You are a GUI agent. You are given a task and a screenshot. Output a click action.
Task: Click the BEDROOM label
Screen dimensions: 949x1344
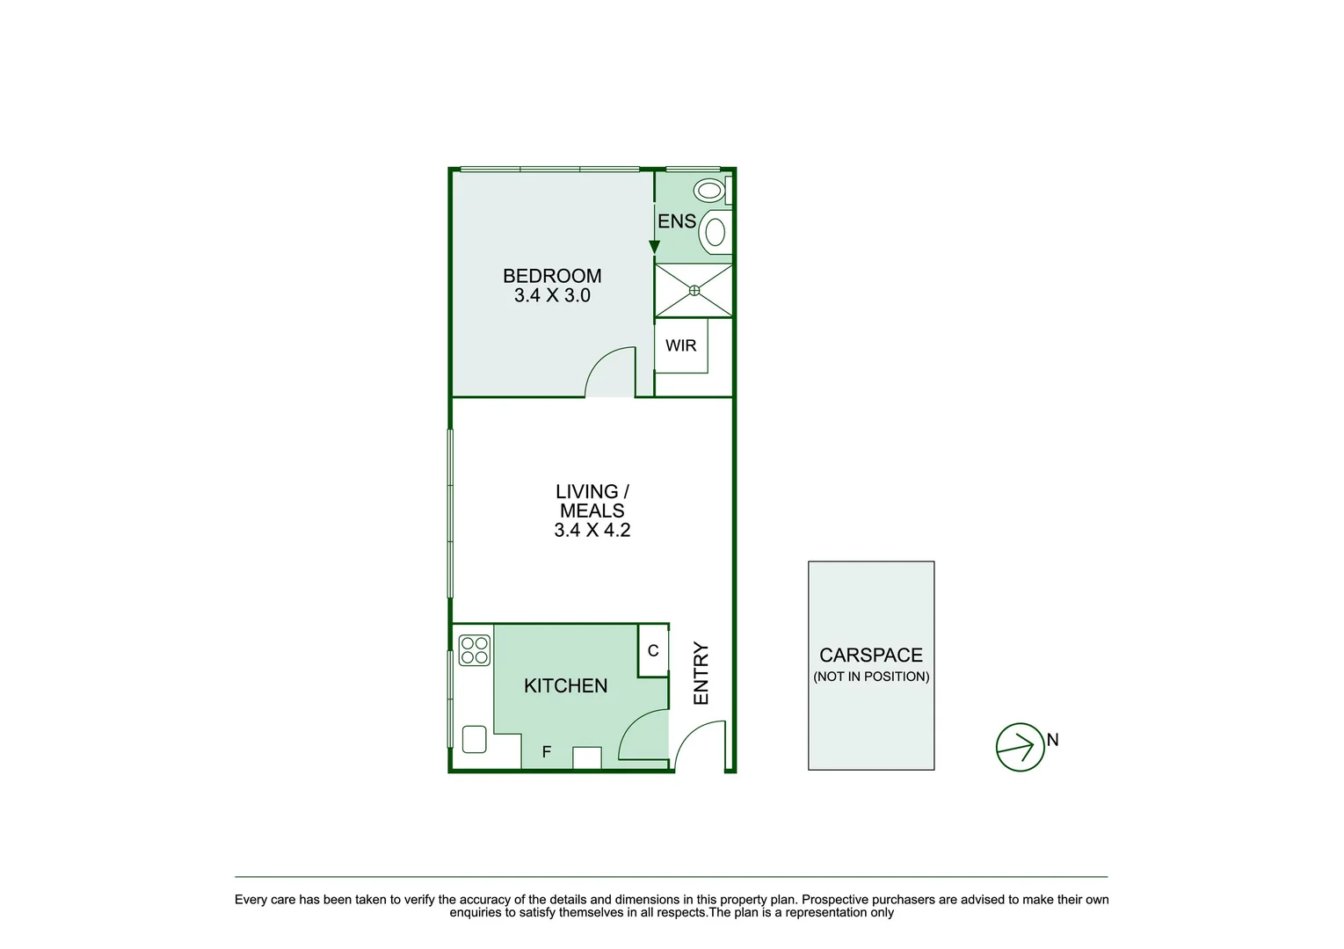click(552, 276)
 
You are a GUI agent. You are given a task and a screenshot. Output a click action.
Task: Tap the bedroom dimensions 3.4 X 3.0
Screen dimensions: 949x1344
click(552, 296)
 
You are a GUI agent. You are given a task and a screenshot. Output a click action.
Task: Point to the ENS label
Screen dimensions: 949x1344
click(677, 221)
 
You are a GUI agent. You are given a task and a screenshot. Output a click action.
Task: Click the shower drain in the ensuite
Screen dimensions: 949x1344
click(694, 290)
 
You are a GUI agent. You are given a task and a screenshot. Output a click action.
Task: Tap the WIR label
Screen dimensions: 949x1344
click(680, 345)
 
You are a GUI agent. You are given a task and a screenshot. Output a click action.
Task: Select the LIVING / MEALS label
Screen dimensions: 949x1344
click(592, 501)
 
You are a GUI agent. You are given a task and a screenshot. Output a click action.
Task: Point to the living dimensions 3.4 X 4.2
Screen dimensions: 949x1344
click(592, 530)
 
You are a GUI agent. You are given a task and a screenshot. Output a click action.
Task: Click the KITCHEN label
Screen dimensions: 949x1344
click(565, 685)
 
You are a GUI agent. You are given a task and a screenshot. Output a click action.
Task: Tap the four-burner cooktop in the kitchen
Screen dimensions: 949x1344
click(475, 650)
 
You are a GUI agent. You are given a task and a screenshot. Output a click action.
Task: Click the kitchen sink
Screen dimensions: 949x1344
click(475, 739)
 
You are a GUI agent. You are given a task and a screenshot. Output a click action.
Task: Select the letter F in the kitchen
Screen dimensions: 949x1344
click(547, 752)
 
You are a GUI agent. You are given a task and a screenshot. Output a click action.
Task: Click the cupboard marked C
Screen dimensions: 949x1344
click(653, 651)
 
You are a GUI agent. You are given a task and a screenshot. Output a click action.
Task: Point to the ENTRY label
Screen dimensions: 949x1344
click(701, 673)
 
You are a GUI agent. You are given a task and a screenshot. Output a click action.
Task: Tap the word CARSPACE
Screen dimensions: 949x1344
click(871, 656)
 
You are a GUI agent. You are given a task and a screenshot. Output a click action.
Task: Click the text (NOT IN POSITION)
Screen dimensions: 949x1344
click(871, 677)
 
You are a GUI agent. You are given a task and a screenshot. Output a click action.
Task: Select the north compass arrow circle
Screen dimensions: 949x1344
click(1020, 748)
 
